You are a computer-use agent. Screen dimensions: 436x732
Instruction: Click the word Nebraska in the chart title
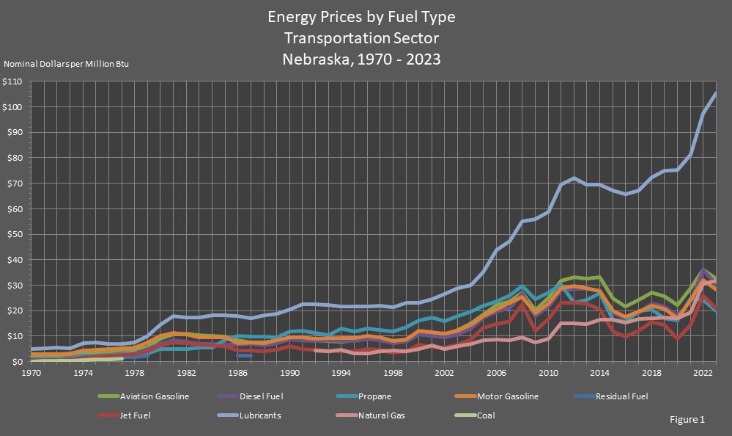(x=315, y=59)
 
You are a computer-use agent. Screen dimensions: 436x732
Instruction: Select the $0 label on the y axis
(x=19, y=361)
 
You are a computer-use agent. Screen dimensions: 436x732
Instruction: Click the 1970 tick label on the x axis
(x=31, y=373)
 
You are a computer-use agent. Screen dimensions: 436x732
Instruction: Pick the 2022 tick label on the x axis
(x=704, y=373)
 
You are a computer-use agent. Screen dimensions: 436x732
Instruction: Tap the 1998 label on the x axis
(x=393, y=373)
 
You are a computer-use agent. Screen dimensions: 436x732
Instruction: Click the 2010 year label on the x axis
(x=549, y=373)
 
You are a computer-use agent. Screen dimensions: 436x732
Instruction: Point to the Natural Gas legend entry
(x=381, y=415)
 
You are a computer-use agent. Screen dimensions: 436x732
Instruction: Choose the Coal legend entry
(x=485, y=415)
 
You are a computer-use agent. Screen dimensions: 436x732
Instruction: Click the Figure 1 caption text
(x=687, y=420)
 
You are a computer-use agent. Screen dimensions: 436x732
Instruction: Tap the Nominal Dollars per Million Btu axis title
(x=67, y=65)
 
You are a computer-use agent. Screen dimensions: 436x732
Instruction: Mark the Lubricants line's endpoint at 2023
(x=716, y=93)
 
